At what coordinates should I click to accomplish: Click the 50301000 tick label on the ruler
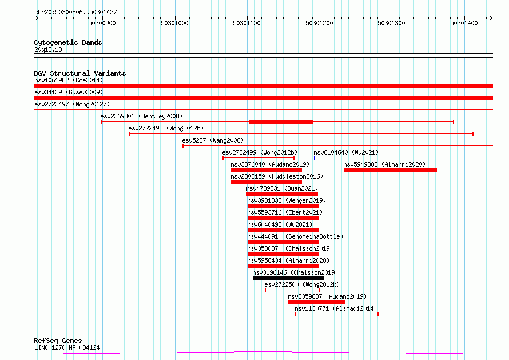coord(174,23)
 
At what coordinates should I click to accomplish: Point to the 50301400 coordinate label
coord(464,23)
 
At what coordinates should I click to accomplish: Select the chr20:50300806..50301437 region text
coord(75,13)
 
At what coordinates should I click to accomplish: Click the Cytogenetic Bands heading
coord(68,42)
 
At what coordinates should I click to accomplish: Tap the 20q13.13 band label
coord(48,49)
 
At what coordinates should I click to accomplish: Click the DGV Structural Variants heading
coord(80,73)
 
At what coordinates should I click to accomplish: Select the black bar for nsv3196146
coord(288,278)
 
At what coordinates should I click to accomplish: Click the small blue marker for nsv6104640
coord(315,158)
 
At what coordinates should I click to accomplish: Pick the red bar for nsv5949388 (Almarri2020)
coord(390,170)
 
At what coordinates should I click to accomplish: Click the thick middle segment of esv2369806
coord(281,122)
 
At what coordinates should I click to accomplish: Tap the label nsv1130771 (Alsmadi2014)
coord(336,308)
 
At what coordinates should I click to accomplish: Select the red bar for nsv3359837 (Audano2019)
coord(316,302)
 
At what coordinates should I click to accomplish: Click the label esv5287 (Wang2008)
coord(213,140)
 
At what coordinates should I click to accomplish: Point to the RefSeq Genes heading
coord(58,341)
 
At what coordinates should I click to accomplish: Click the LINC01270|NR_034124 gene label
coord(67,347)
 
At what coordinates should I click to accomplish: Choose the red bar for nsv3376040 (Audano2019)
coord(267,170)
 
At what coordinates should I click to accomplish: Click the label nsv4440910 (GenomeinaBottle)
coord(295,236)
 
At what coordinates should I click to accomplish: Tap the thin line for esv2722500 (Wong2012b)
coord(292,290)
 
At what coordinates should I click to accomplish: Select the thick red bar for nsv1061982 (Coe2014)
coord(263,86)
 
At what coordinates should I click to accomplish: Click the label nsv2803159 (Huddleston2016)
coord(277,176)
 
